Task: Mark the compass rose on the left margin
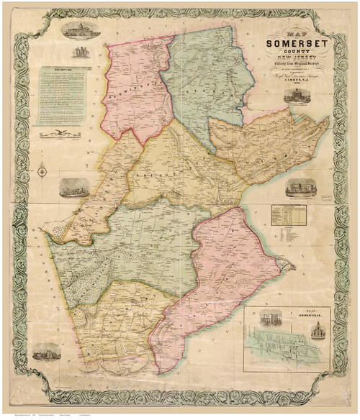coord(42,170)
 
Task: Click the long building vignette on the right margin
coord(301,188)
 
